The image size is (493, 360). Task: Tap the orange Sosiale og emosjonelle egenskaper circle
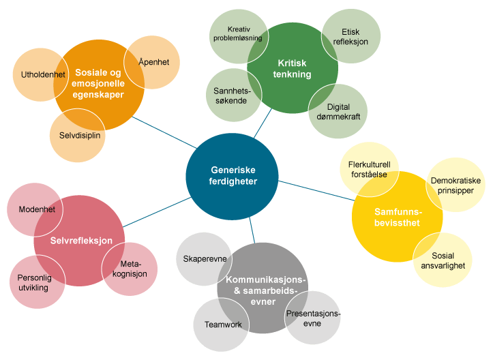(99, 85)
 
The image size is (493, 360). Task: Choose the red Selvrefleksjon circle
(79, 241)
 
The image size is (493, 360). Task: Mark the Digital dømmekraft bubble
(339, 112)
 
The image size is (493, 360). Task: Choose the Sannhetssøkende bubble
(228, 95)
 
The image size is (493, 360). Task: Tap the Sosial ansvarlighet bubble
(443, 260)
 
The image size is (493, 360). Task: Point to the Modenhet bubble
(33, 209)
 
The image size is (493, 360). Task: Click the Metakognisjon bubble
(131, 269)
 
